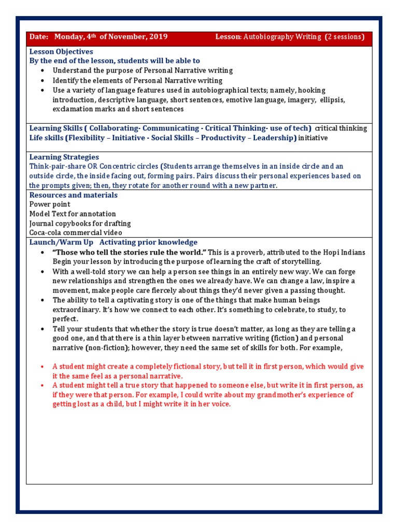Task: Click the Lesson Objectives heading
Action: tap(61, 52)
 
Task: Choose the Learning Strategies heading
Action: tap(64, 157)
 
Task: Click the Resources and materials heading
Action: tap(74, 195)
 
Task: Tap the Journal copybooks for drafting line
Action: tap(80, 224)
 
